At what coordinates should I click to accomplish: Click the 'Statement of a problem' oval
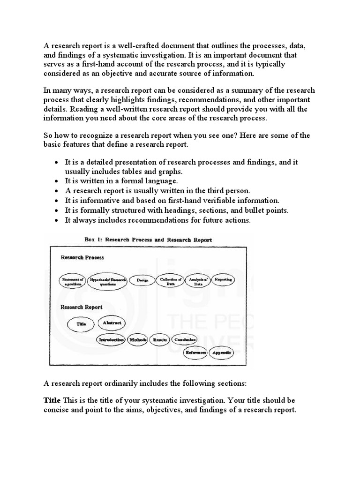click(73, 281)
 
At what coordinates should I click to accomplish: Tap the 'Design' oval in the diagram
click(142, 280)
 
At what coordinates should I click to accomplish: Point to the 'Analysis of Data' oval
click(198, 281)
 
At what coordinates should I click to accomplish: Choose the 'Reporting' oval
click(223, 280)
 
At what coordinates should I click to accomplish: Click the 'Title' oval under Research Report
click(81, 324)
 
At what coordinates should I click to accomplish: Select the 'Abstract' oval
click(112, 323)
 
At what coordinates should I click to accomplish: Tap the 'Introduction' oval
click(111, 339)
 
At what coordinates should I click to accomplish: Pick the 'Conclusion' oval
click(184, 339)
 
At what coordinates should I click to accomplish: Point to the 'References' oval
click(196, 352)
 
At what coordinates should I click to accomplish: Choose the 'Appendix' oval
click(221, 352)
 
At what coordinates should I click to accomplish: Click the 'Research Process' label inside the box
click(82, 257)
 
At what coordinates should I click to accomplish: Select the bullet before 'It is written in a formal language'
click(56, 181)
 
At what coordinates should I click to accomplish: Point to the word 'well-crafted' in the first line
click(136, 46)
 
